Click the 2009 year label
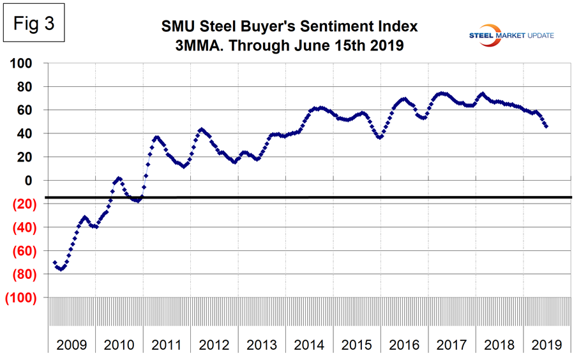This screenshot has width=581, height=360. pos(71,345)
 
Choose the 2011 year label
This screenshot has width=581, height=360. pos(167,345)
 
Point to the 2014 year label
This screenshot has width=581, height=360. pos(310,345)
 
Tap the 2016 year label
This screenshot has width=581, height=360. pos(404,345)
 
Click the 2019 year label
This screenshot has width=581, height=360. pos(547,345)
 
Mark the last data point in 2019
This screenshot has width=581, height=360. pos(547,126)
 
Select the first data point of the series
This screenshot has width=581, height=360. pos(54,262)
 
